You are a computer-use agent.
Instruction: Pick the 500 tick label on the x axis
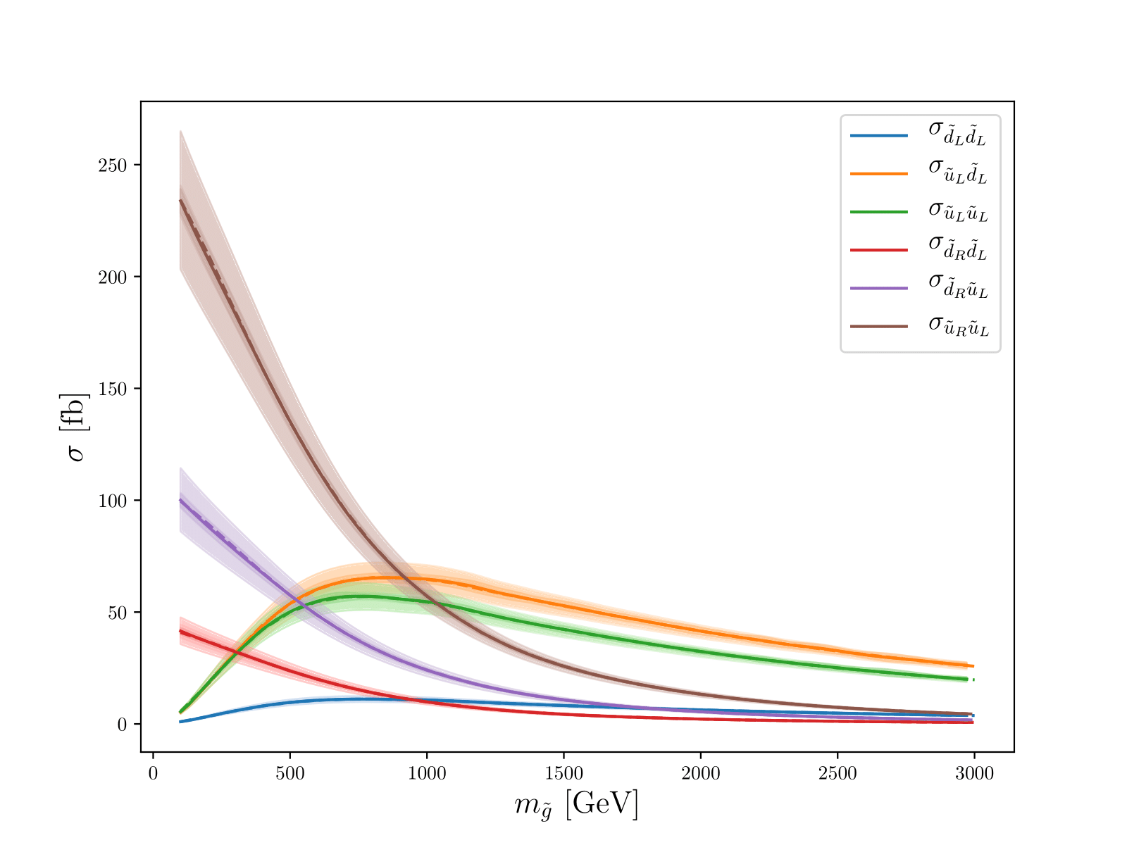(290, 774)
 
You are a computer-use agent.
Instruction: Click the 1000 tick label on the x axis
(427, 774)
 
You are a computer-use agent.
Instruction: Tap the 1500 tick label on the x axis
(563, 774)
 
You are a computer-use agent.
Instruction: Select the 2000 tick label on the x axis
(701, 774)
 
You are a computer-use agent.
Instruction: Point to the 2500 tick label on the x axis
(838, 774)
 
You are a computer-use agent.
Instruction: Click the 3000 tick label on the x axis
(974, 774)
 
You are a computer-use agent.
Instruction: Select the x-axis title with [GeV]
(576, 805)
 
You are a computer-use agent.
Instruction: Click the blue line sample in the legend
(879, 136)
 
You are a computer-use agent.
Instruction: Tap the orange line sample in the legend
(879, 174)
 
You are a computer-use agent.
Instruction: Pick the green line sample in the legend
(879, 212)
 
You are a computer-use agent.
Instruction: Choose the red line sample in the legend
(879, 250)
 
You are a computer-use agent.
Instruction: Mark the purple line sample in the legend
(879, 288)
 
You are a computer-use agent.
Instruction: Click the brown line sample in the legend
(879, 326)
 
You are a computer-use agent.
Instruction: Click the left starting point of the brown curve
(180, 201)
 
